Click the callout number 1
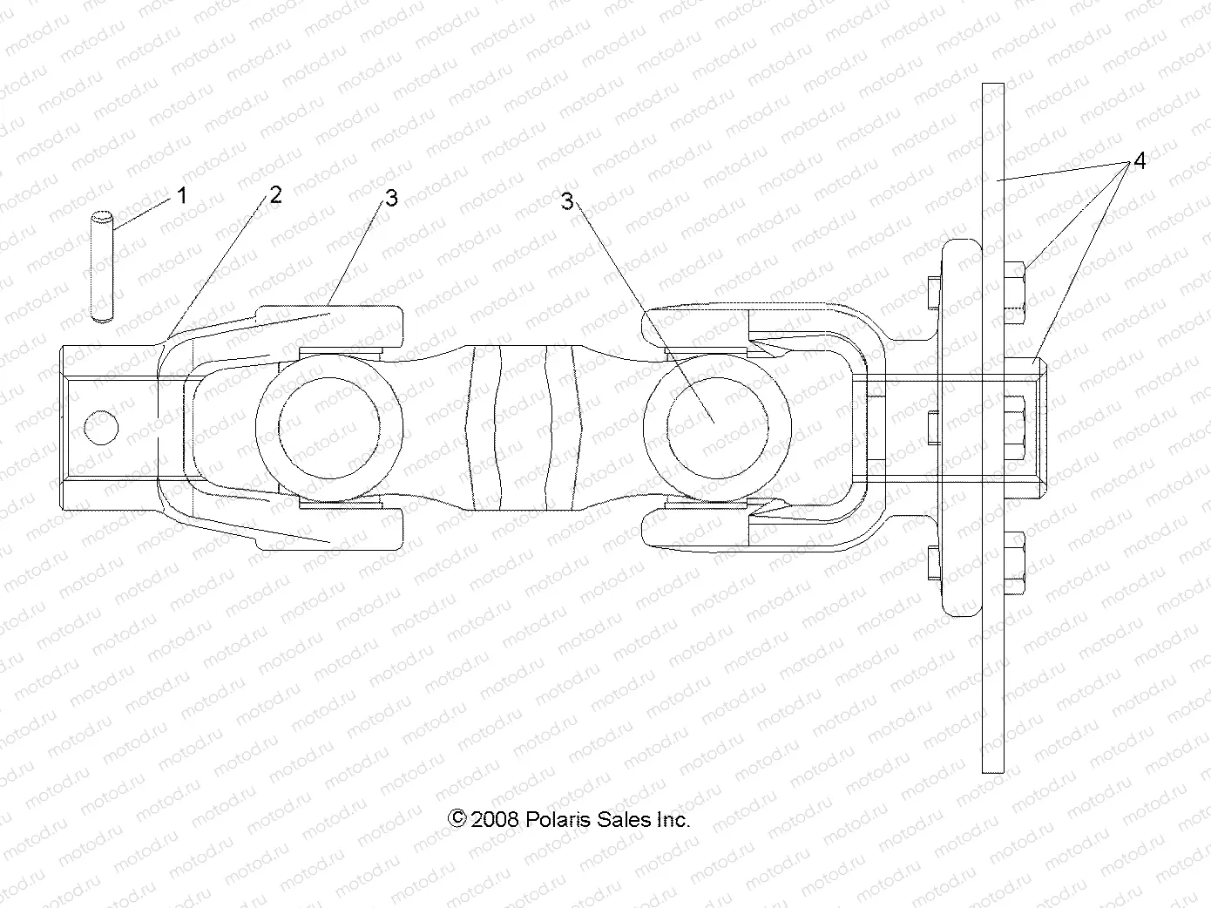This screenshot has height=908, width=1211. click(x=181, y=195)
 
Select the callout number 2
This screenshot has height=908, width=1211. click(x=275, y=194)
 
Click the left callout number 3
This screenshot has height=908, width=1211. click(x=391, y=199)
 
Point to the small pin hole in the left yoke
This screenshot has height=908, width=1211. click(x=102, y=427)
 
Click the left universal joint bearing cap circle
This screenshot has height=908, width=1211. click(x=329, y=427)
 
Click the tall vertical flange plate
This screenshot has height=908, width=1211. click(x=992, y=654)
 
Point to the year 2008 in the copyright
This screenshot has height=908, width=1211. click(x=495, y=819)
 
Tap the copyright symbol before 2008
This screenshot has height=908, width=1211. click(x=457, y=818)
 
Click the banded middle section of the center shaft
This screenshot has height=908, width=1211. click(x=524, y=427)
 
